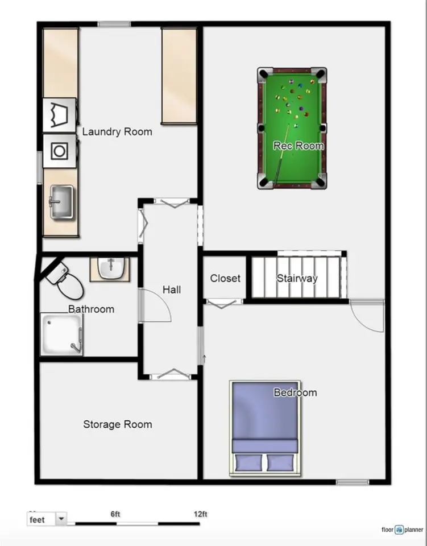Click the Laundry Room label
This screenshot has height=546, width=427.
(x=117, y=132)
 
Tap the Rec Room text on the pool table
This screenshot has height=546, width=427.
(x=299, y=146)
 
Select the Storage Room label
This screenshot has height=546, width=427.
(x=117, y=424)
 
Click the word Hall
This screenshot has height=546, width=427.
(x=172, y=290)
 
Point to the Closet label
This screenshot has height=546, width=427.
(x=225, y=279)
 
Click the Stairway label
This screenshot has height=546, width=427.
(x=297, y=279)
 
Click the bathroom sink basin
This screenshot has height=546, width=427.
(x=110, y=268)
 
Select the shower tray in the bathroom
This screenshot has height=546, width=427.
(x=61, y=334)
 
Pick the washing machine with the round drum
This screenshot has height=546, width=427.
(x=60, y=151)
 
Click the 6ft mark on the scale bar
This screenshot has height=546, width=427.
(x=115, y=514)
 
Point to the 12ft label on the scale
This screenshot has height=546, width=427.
(x=200, y=514)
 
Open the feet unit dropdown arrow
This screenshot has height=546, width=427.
(x=61, y=519)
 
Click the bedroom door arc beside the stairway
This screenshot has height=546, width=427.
(x=367, y=316)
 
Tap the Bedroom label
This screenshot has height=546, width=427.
(x=295, y=393)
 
